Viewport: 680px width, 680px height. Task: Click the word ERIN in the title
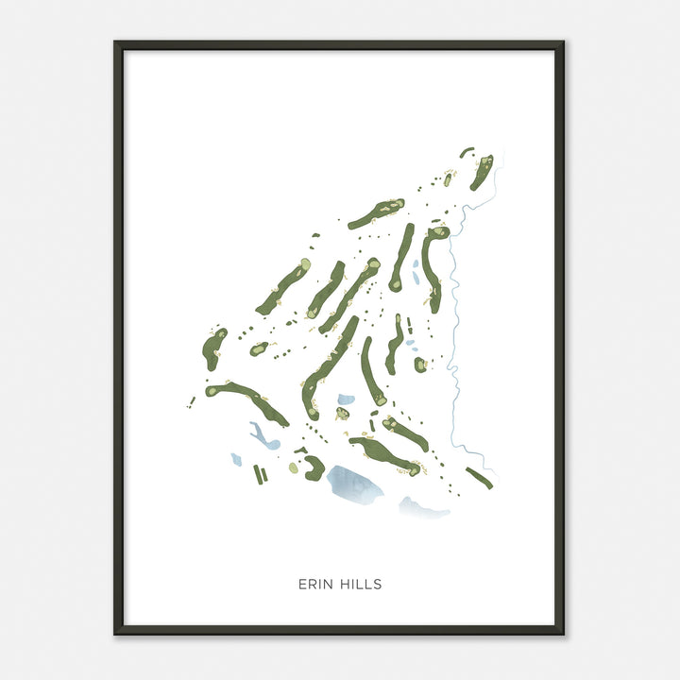pos(314,585)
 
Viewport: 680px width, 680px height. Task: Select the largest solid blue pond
pos(354,484)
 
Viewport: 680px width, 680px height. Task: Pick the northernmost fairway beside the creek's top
pos(482,171)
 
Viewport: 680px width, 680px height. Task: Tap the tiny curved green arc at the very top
pos(467,151)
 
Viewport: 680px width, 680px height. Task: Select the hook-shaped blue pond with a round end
pos(261,437)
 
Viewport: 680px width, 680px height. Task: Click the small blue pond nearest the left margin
pos(236,460)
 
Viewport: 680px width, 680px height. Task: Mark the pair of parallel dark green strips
pos(261,474)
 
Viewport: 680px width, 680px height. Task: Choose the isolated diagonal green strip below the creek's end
pos(479,478)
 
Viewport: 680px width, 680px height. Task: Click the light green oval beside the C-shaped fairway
pos(294,467)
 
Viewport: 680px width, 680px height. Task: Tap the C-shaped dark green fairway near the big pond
pos(314,467)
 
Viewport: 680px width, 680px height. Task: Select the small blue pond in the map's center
pos(346,399)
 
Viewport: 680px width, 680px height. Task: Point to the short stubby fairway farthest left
pos(213,348)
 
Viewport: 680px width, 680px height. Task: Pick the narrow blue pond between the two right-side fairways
pos(415,269)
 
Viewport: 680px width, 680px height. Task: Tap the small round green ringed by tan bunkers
pos(341,413)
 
